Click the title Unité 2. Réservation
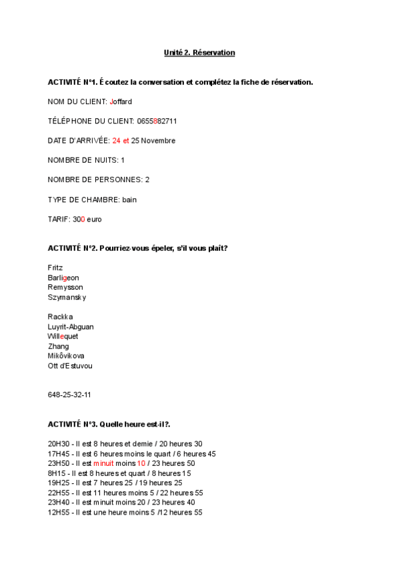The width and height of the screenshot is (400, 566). (199, 52)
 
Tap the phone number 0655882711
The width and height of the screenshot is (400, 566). (157, 121)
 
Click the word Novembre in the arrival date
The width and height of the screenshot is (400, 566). (159, 141)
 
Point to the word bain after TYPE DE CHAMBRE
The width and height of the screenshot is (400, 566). (129, 200)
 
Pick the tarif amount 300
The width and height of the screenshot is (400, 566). (79, 220)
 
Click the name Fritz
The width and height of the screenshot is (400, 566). (55, 268)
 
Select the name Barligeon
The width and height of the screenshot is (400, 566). (63, 278)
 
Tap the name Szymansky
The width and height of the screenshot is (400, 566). (67, 297)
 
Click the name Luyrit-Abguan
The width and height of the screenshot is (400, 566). (71, 327)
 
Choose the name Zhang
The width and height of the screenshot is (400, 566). (58, 346)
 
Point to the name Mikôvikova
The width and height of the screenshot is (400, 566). (66, 356)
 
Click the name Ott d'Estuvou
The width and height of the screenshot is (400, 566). (70, 366)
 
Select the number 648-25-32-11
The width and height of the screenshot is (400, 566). (69, 395)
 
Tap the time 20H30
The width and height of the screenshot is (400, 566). (59, 444)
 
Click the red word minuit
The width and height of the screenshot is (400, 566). (103, 463)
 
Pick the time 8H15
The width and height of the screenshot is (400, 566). (57, 473)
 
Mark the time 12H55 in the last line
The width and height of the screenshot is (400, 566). (59, 513)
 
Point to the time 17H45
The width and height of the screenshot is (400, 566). (59, 454)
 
